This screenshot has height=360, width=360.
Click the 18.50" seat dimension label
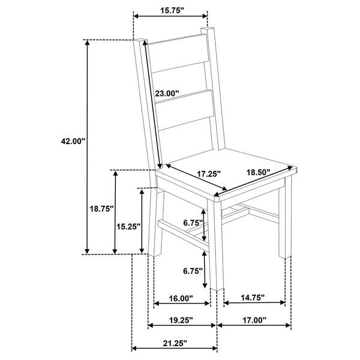[x=258, y=173]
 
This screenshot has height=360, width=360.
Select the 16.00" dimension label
[x=181, y=298]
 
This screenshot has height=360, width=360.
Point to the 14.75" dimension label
[x=253, y=298]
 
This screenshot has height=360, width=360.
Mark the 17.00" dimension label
[x=254, y=320]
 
